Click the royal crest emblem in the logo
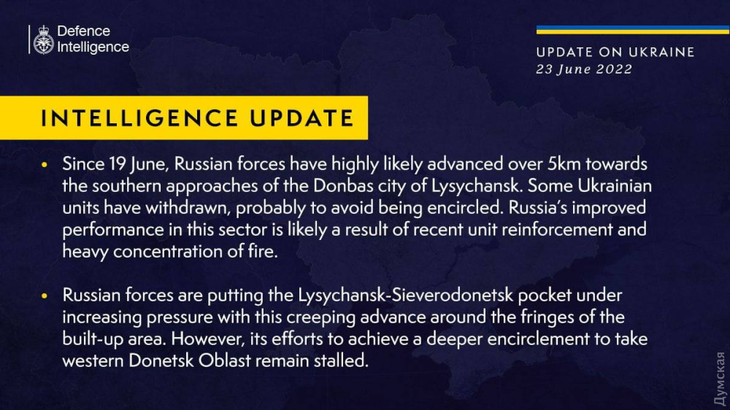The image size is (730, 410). click(x=43, y=39)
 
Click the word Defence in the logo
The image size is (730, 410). click(x=83, y=31)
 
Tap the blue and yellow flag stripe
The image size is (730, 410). click(x=633, y=30)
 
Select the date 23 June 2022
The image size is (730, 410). click(x=584, y=69)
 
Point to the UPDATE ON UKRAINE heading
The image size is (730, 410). click(x=615, y=52)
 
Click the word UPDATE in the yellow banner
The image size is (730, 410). click(x=301, y=117)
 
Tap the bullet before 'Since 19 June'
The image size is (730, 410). click(x=45, y=164)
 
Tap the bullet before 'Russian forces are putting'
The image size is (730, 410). click(x=45, y=295)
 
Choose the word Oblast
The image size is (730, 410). click(x=225, y=360)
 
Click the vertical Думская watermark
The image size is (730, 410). click(x=720, y=379)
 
